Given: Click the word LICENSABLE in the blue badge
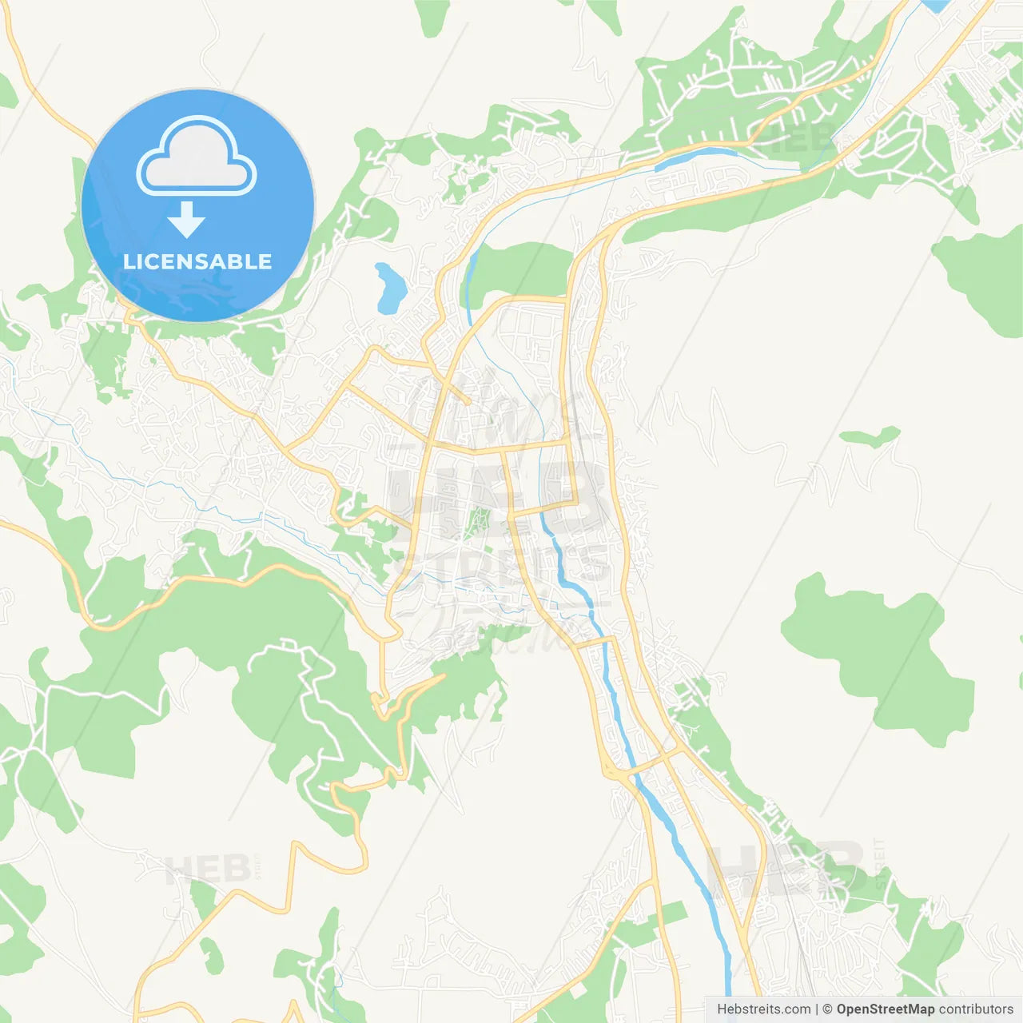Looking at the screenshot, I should pos(197,261).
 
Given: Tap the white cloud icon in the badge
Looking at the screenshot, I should pos(197,158).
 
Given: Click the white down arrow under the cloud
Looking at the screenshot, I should pos(186,220).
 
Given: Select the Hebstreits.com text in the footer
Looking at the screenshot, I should pos(763,1009).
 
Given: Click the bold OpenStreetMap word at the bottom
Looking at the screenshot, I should pos(885,1009).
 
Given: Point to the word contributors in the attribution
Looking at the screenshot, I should pos(976,1009).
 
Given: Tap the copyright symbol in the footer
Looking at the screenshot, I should pos(828,1009).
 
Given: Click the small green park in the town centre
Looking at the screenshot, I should pos(478,521).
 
